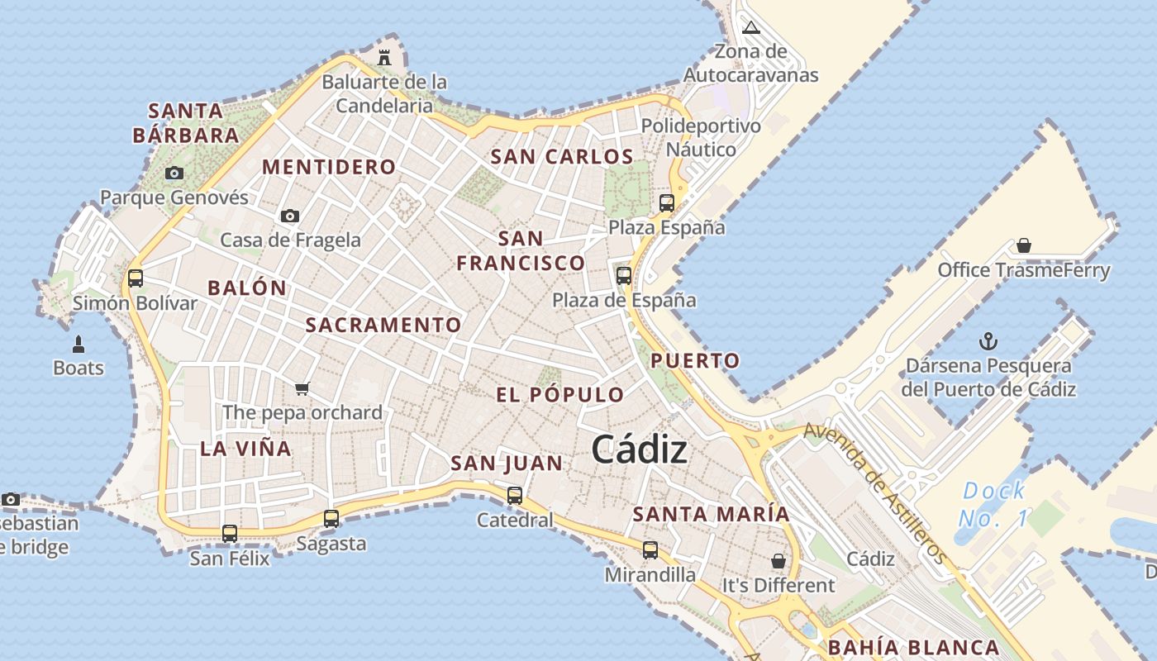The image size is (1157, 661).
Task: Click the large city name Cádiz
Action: [x=640, y=449]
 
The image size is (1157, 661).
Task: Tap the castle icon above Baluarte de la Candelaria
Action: [x=384, y=57]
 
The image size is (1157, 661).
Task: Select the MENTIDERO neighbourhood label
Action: [x=329, y=167]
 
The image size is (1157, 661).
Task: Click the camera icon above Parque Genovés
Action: [x=174, y=174]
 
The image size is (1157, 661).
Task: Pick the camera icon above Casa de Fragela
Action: [x=290, y=216]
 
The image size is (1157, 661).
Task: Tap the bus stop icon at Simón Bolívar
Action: [x=136, y=278]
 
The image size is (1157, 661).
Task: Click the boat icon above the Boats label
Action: [x=79, y=344]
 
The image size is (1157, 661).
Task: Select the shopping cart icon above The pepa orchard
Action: [x=302, y=388]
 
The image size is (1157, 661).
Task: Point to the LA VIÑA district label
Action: [x=245, y=449]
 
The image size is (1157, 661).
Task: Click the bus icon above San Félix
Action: [x=230, y=534]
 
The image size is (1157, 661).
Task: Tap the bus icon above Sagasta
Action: [x=331, y=519]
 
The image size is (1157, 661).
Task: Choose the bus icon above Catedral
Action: [x=515, y=496]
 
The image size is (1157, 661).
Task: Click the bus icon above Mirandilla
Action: [x=650, y=550]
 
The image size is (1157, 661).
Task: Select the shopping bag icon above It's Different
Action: [x=778, y=561]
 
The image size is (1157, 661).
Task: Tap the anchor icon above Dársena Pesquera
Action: [x=988, y=341]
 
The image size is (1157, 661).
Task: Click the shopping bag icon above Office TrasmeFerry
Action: [x=1024, y=245]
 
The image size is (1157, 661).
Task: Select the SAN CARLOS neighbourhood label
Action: [x=562, y=156]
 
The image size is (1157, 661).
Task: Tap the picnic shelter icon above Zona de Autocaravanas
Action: [x=750, y=28]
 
